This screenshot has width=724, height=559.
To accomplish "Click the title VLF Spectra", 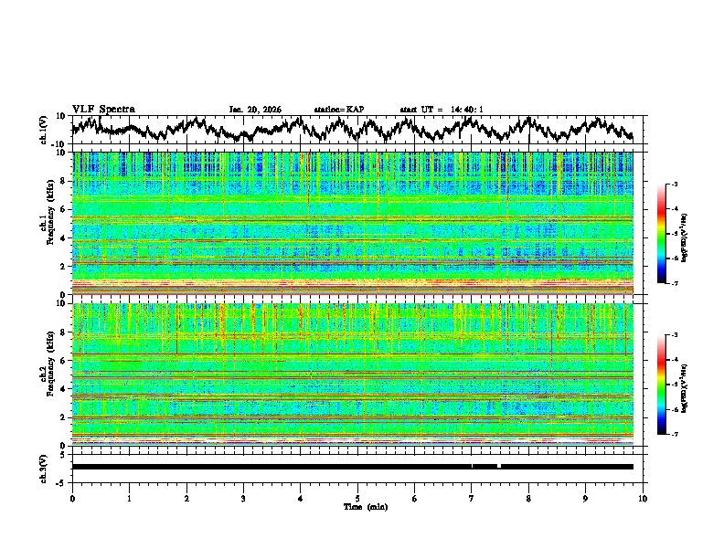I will (x=103, y=109).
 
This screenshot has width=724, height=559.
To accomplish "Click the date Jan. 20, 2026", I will (x=255, y=110).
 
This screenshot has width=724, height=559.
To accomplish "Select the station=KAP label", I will (x=339, y=110).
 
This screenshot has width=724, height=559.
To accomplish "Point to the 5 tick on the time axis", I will (x=357, y=498).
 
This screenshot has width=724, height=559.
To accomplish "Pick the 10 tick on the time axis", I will (x=643, y=498).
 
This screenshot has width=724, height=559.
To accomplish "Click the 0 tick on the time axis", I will (x=72, y=498).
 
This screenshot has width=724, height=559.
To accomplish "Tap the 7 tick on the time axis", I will (x=472, y=498).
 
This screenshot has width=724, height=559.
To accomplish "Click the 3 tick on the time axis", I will (x=243, y=498).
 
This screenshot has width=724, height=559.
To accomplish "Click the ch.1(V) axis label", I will (x=43, y=130).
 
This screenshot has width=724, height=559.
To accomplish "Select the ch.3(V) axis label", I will (x=43, y=466).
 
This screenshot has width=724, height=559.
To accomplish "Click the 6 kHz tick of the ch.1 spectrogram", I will (x=64, y=209).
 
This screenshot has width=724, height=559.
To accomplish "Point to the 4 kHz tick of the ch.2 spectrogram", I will (x=64, y=388).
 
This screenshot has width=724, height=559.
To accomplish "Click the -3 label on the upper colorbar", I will (x=675, y=185).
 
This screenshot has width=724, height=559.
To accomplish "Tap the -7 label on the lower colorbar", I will (x=675, y=434).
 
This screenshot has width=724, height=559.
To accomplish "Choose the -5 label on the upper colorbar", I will (x=675, y=234).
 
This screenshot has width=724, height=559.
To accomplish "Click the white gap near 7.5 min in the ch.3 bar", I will (x=498, y=466).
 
